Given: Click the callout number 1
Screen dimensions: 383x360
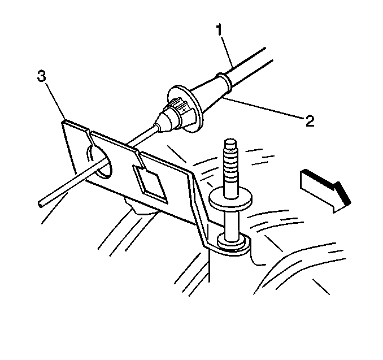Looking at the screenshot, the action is [219, 30].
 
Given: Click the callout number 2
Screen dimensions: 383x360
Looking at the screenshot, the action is [310, 121].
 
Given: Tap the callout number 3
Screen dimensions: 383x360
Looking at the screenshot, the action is [42, 76].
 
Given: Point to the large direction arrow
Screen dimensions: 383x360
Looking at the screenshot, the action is [325, 190].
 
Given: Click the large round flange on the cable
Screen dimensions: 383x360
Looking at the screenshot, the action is [185, 109].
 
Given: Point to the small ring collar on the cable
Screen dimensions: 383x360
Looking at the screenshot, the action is [224, 81].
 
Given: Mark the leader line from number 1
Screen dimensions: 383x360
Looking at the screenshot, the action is [227, 52].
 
